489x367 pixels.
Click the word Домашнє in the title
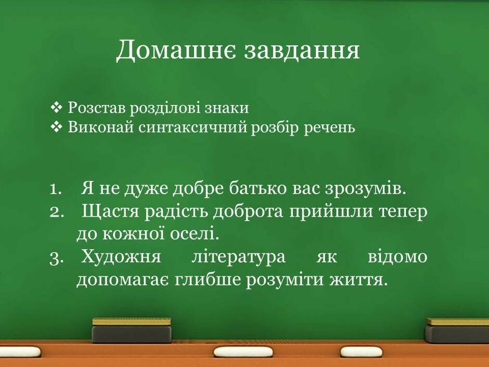[176, 50]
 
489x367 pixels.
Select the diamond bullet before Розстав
[56, 108]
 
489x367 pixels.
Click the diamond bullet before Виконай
[56, 127]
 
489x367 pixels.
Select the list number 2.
[57, 212]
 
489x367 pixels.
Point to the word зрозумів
[366, 188]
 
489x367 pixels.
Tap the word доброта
[248, 211]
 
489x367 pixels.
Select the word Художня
[121, 257]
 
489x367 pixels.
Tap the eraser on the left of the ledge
[132, 330]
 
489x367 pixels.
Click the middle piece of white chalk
[243, 352]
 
